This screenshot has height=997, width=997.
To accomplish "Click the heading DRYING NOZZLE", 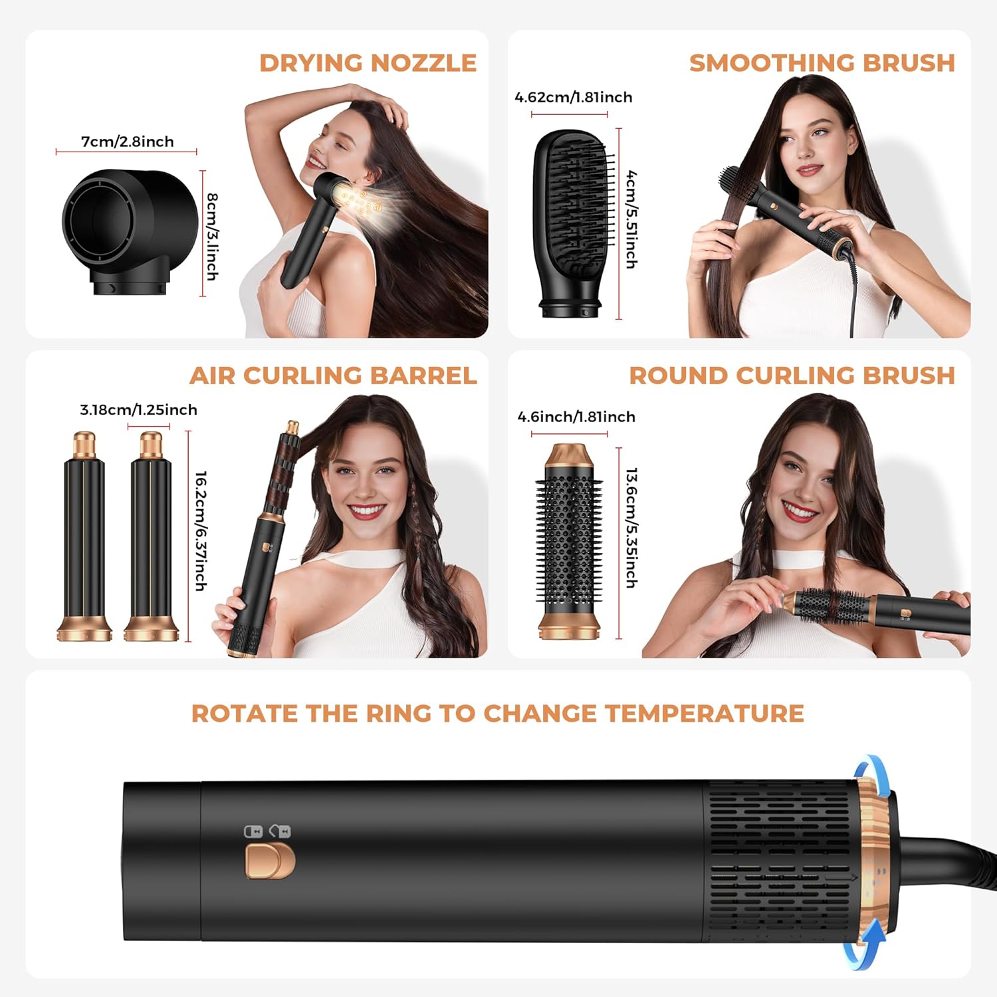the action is pyautogui.click(x=368, y=63).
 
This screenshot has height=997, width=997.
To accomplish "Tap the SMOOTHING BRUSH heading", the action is pyautogui.click(x=822, y=63).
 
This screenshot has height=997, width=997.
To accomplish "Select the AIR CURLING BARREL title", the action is pyautogui.click(x=333, y=376).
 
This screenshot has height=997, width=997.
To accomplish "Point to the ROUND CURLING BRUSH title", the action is pyautogui.click(x=792, y=376).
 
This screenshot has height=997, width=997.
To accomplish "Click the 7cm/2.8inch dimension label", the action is pyautogui.click(x=127, y=142).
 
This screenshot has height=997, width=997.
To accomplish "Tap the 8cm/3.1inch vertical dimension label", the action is pyautogui.click(x=212, y=237).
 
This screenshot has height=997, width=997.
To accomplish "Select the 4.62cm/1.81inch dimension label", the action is pyautogui.click(x=574, y=97).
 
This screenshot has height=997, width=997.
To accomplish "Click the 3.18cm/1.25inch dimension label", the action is pyautogui.click(x=138, y=409).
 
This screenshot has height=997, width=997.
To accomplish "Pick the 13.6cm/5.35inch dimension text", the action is pyautogui.click(x=632, y=528).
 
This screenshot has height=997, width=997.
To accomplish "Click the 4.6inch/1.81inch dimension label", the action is pyautogui.click(x=576, y=417).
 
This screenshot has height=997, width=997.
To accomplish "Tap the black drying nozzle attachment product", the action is pyautogui.click(x=130, y=232).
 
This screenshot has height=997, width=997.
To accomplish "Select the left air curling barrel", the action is pyautogui.click(x=84, y=536).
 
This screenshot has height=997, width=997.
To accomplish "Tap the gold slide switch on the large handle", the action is pyautogui.click(x=270, y=861).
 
